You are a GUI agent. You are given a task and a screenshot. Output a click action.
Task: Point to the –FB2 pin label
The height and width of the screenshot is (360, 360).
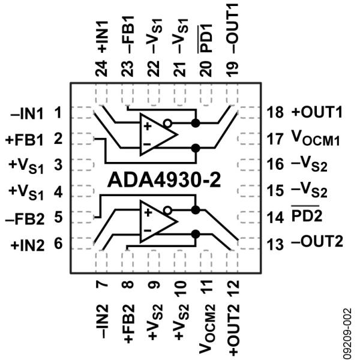pyautogui.click(x=29, y=215)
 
